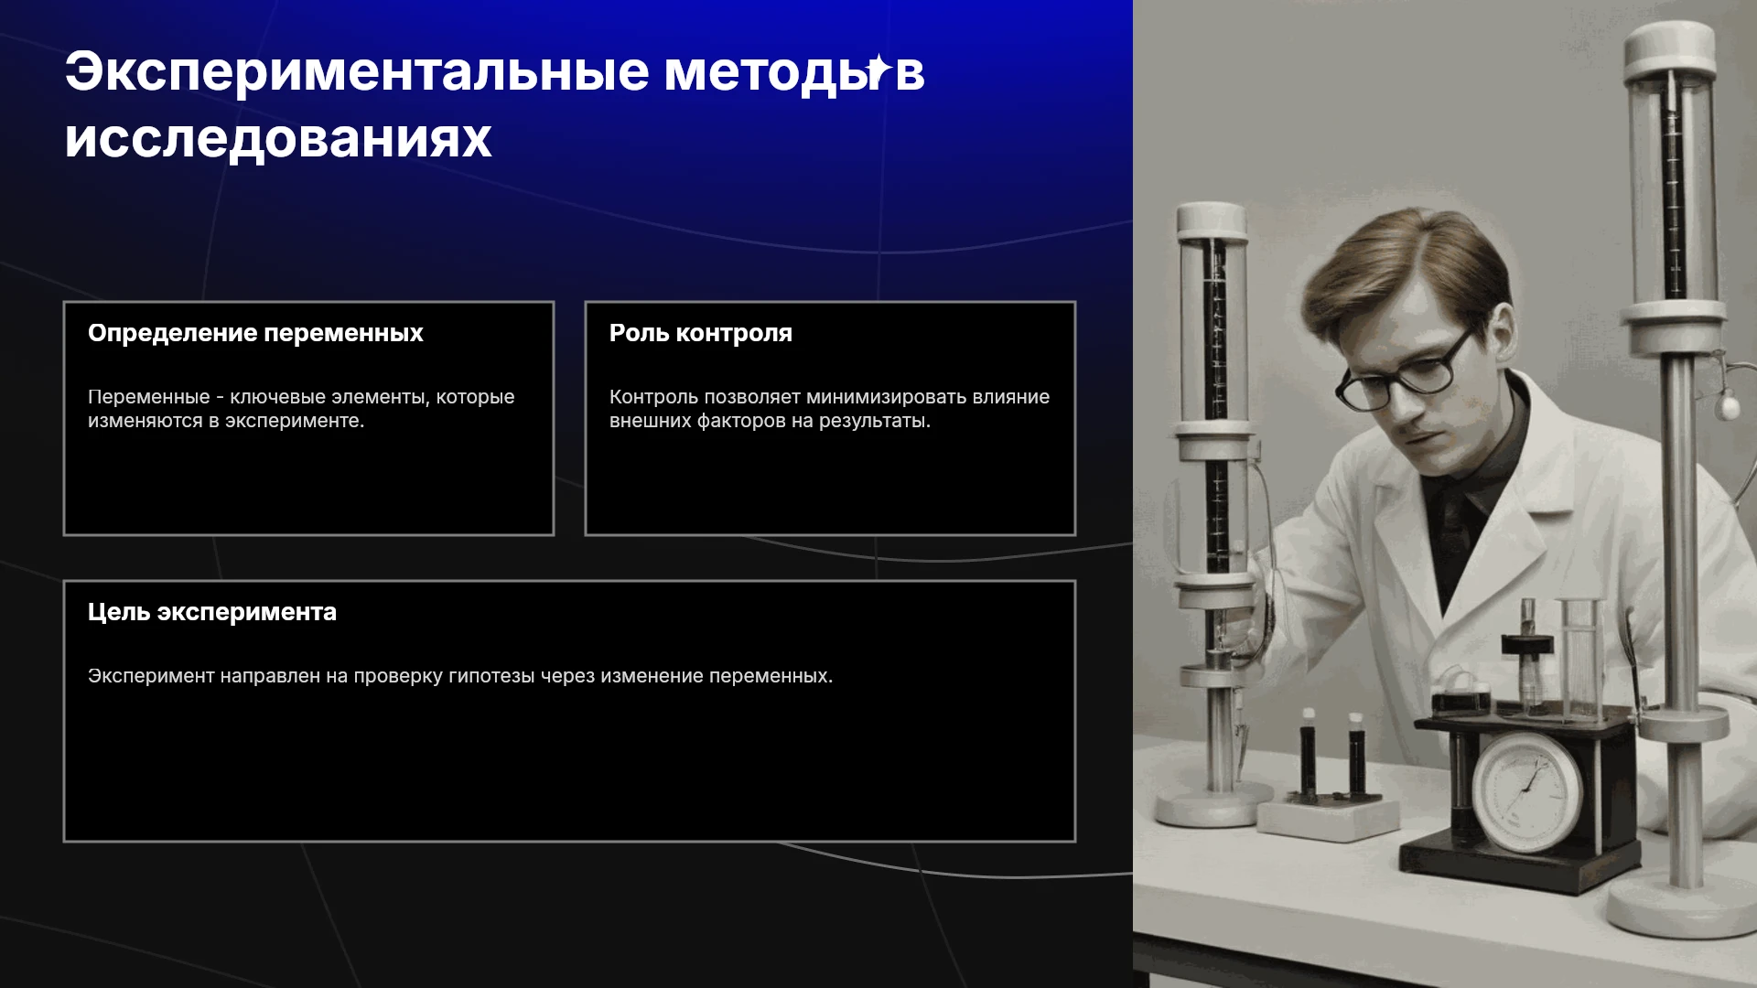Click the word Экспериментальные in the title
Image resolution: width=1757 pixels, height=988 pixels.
tap(357, 73)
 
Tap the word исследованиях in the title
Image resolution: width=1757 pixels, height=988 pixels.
tap(278, 139)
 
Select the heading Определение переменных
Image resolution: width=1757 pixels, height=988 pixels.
tap(255, 334)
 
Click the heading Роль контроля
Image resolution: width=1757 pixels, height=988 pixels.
tap(701, 334)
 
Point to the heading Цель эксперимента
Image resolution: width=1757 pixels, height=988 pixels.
tap(212, 613)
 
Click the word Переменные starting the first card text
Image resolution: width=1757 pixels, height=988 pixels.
tap(149, 398)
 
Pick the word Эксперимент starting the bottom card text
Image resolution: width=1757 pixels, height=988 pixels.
tap(151, 677)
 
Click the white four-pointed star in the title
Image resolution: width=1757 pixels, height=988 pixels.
tap(878, 69)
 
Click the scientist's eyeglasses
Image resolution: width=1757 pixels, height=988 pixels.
tap(1400, 370)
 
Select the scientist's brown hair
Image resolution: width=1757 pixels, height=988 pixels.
tap(1409, 265)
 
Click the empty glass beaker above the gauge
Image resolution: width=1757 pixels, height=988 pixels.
tap(1581, 657)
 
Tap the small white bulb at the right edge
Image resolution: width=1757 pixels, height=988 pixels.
tap(1727, 403)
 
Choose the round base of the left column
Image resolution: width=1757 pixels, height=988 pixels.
tap(1214, 805)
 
